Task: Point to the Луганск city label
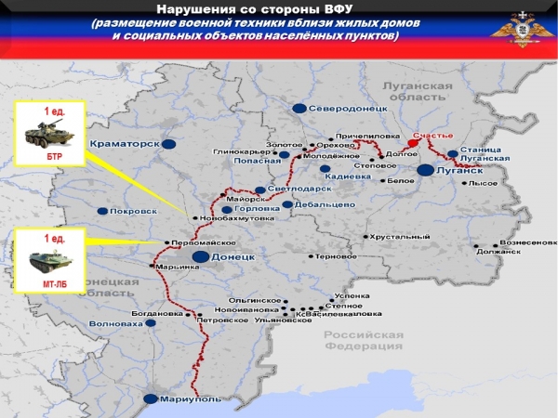coord(462,171)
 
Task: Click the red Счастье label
coord(432,136)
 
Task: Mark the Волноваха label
coord(117,324)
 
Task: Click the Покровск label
coord(129,211)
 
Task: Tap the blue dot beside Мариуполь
coord(150,398)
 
